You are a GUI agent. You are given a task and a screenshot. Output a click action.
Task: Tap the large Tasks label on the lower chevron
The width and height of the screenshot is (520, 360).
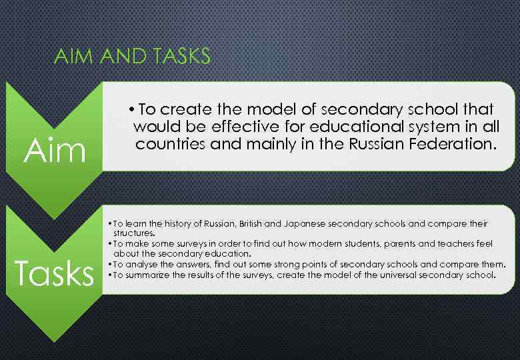point(54,273)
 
